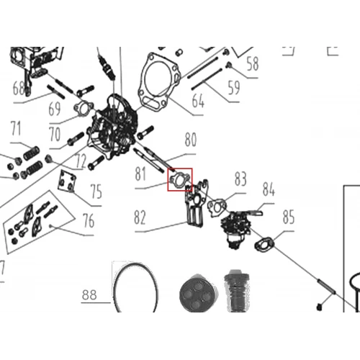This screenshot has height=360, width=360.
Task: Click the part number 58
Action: pyautogui.click(x=253, y=63)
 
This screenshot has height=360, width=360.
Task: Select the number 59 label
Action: pyautogui.click(x=234, y=88)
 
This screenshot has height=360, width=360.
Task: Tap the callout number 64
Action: pyautogui.click(x=198, y=101)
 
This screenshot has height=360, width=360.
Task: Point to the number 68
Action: pyautogui.click(x=19, y=88)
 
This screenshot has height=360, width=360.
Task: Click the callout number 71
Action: pyautogui.click(x=16, y=128)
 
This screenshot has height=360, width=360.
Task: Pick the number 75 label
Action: pyautogui.click(x=96, y=192)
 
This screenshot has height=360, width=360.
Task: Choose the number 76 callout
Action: pyautogui.click(x=89, y=220)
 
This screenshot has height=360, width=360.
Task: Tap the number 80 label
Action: pyautogui.click(x=191, y=139)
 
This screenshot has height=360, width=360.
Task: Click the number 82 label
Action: pyautogui.click(x=140, y=217)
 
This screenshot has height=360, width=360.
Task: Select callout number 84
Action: pyautogui.click(x=269, y=189)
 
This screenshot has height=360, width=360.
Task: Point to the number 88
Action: pyautogui.click(x=89, y=294)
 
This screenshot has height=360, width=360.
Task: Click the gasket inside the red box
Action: pyautogui.click(x=180, y=180)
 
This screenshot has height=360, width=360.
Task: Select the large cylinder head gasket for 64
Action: pyautogui.click(x=159, y=82)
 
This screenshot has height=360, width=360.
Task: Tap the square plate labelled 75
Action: pyautogui.click(x=67, y=181)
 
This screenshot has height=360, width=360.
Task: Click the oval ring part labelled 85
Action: pyautogui.click(x=264, y=244)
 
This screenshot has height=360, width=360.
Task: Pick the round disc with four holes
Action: pyautogui.click(x=199, y=293)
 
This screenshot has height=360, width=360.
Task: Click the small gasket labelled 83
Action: pyautogui.click(x=217, y=207)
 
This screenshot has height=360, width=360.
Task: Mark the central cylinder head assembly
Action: pyautogui.click(x=114, y=127)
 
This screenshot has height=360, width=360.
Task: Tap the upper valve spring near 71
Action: pyautogui.click(x=31, y=153)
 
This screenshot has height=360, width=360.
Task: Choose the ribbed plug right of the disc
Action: pyautogui.click(x=237, y=291)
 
